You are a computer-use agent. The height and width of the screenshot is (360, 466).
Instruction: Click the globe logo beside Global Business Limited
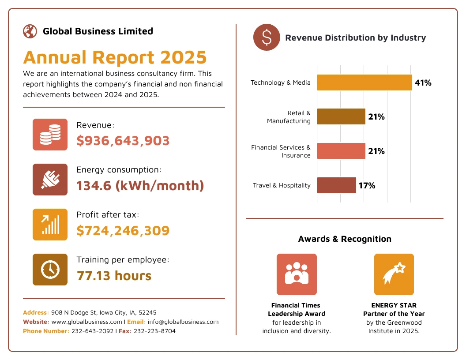click(x=30, y=31)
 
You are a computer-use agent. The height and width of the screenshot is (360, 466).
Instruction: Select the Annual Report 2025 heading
click(x=115, y=58)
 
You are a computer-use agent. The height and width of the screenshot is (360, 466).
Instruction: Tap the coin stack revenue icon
click(x=50, y=135)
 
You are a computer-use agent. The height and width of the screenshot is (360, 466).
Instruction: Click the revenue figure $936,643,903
click(x=123, y=141)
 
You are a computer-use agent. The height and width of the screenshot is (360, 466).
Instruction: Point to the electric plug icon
click(x=50, y=180)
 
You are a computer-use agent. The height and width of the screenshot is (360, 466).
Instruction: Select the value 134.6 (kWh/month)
click(x=140, y=186)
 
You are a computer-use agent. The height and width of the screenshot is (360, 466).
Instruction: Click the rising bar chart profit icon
click(x=50, y=225)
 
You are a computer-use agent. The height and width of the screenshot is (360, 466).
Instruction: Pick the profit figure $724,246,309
click(x=123, y=231)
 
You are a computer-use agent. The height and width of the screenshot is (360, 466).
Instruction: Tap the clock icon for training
click(x=50, y=270)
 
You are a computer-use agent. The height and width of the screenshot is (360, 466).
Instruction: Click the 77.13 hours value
click(x=114, y=276)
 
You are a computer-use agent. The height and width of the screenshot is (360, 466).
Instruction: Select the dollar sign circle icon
click(x=267, y=37)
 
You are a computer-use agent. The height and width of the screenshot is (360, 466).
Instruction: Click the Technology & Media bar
click(x=365, y=82)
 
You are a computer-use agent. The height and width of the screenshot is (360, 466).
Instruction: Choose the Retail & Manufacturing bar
click(x=341, y=116)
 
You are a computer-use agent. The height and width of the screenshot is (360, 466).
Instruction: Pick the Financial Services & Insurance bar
click(x=341, y=151)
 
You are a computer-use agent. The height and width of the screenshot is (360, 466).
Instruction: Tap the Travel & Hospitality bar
click(x=336, y=185)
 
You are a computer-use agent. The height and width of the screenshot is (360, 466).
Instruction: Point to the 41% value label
click(x=423, y=82)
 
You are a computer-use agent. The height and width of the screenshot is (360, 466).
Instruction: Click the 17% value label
click(x=367, y=186)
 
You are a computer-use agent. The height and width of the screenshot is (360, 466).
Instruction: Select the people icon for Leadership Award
click(x=297, y=274)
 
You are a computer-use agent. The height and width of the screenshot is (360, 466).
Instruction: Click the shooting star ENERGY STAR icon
click(x=394, y=274)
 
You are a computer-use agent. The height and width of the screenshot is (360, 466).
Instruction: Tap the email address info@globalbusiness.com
click(x=183, y=322)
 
